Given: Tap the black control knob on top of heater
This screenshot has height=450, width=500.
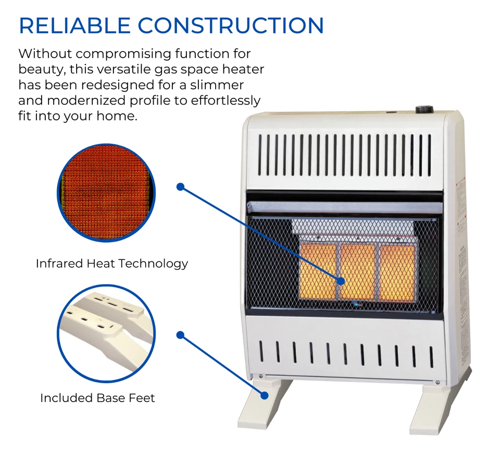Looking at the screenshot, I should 424,109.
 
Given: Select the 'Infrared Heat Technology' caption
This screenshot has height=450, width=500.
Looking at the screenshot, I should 111,264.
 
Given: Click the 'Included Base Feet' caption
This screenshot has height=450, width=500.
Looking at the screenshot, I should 97,398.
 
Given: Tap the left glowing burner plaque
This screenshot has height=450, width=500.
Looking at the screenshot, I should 318,271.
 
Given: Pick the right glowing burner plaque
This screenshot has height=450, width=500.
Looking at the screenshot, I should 397,271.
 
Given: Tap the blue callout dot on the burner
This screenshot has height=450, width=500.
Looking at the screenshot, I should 341,281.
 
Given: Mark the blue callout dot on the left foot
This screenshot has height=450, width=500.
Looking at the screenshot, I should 264,396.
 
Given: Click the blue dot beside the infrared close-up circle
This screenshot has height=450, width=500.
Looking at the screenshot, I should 180,187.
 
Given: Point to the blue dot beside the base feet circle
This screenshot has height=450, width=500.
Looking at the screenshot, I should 180,335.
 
